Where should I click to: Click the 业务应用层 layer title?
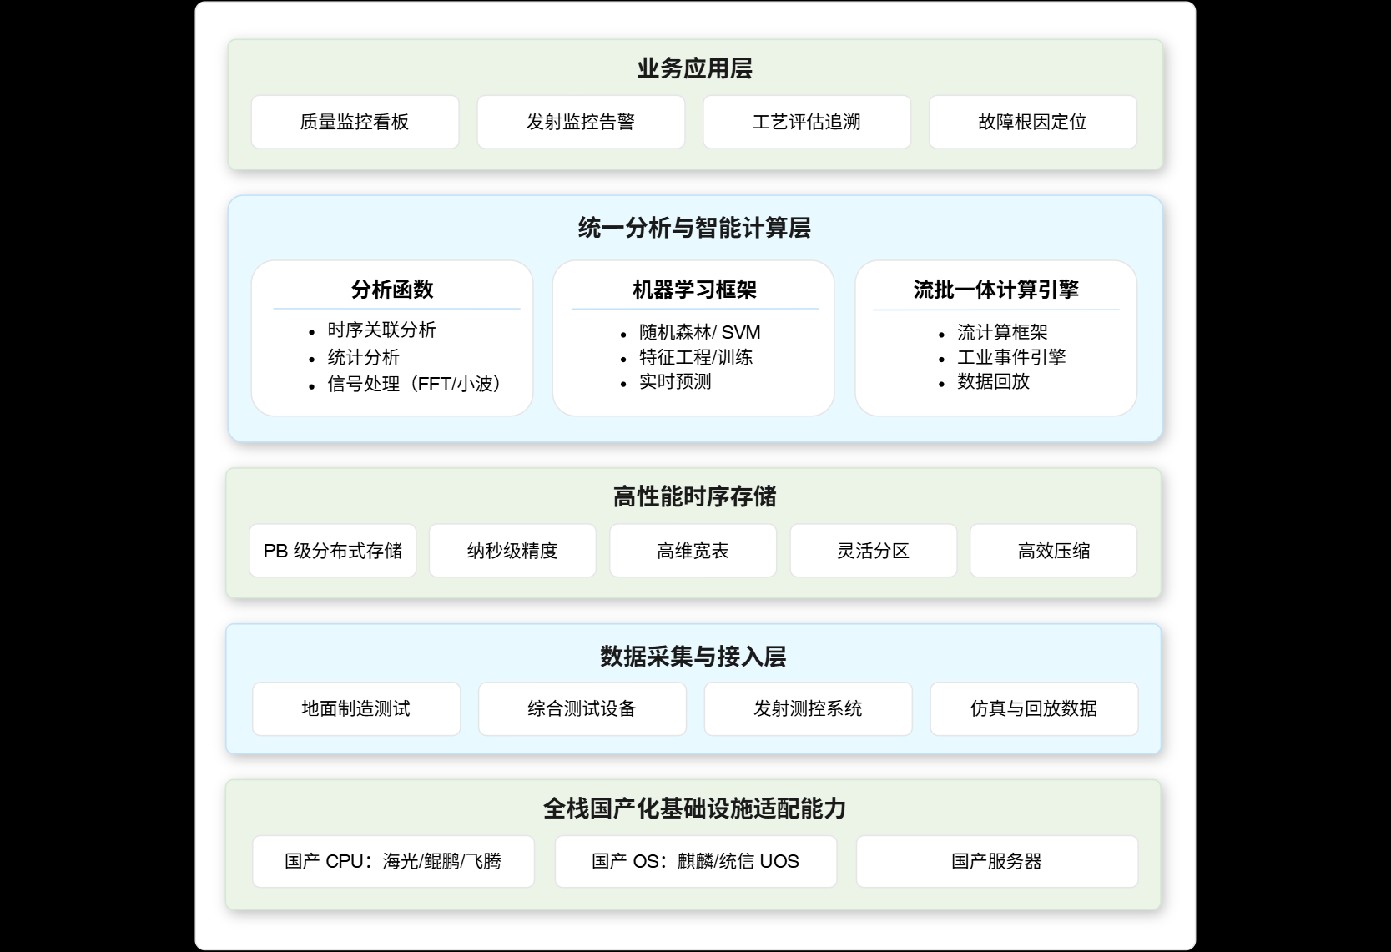coord(695,68)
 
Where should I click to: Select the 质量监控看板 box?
coord(355,122)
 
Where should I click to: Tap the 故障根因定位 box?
coord(1033,122)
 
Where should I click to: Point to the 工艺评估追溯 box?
coord(807,122)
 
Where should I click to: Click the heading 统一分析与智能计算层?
coord(695,228)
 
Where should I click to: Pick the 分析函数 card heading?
coord(392,290)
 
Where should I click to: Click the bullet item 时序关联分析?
coord(381,330)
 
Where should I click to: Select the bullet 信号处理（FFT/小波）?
coord(414,384)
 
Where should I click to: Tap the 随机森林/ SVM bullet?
coord(700,332)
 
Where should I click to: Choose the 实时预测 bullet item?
coord(675,381)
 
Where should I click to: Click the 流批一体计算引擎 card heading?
coord(996,290)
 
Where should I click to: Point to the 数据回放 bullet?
coord(993,381)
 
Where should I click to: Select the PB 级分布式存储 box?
coord(333,551)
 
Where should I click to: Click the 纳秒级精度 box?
coord(512,551)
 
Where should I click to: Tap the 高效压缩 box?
coord(1054,551)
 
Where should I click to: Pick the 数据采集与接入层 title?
coord(693,657)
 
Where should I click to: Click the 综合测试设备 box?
coord(582,708)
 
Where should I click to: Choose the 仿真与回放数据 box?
coord(1034,708)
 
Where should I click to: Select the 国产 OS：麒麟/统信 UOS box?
coord(696,861)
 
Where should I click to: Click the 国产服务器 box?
coord(997,861)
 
